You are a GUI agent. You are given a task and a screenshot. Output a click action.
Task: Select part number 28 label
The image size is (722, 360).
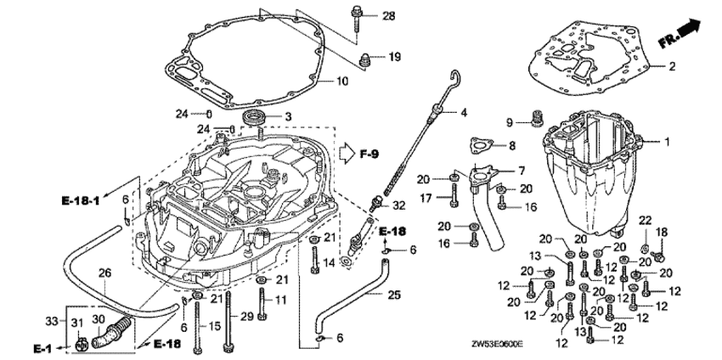coord(389,16)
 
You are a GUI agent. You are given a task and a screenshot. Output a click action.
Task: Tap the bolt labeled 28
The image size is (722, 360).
coord(358,19)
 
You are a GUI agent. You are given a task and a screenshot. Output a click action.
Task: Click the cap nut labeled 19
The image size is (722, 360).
coord(364,59)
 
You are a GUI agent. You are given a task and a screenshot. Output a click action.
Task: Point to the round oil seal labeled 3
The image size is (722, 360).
coord(252,117)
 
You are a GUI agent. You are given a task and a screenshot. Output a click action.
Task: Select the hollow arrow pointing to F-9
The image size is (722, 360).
coord(347,154)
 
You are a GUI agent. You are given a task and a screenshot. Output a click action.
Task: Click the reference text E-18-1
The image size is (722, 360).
coord(81,200)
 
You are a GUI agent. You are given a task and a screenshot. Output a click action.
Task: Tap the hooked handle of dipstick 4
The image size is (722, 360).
coord(455,78)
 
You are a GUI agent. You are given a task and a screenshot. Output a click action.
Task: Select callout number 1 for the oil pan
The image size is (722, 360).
coord(666,143)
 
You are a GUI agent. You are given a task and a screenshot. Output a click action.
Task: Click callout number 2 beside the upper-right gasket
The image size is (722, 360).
coord(672,67)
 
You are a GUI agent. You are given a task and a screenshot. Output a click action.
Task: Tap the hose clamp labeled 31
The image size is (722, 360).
coord(81,344)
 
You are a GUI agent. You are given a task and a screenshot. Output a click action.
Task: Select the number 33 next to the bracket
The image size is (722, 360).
coord(53,321)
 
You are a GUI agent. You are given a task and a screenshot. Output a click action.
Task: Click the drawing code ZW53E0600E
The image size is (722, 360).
coord(497,344)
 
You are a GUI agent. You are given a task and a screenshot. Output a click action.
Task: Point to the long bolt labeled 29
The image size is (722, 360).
coord(228,323)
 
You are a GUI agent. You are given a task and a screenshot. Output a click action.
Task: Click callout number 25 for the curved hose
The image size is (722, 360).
coord(394,295)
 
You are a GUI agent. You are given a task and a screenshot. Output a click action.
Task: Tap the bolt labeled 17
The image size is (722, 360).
coord(454,195)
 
